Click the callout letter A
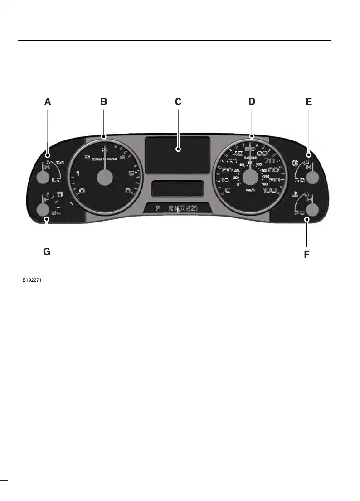[x=48, y=102]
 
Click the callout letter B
[x=104, y=102]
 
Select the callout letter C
[x=178, y=102]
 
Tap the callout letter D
[x=252, y=102]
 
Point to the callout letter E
[x=309, y=102]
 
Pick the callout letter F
[x=306, y=255]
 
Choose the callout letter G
[x=47, y=252]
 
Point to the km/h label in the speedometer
[x=250, y=190]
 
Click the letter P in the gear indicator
[x=157, y=209]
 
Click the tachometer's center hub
[x=105, y=177]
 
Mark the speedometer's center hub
[x=250, y=177]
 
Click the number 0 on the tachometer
[x=82, y=191]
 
